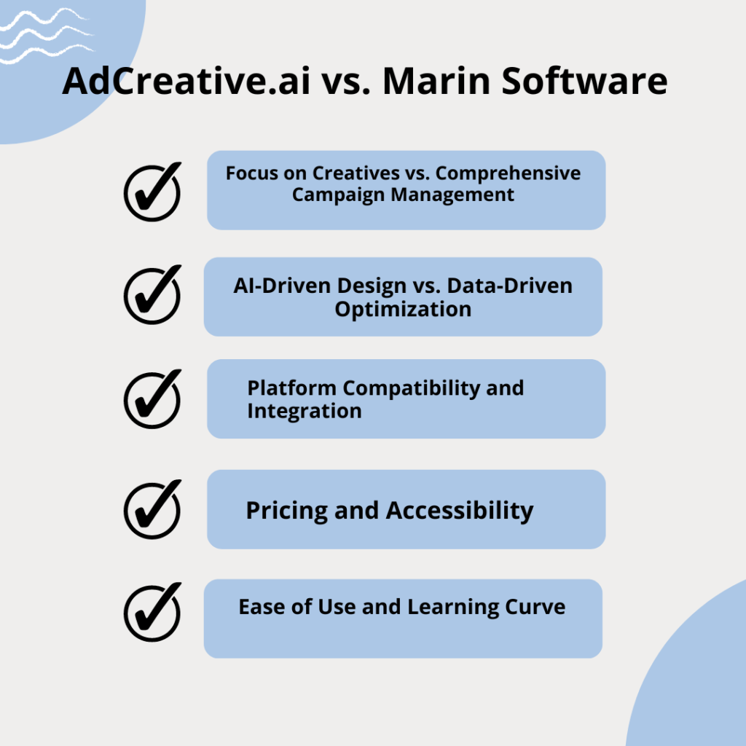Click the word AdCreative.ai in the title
pyautogui.click(x=186, y=81)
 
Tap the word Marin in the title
pyautogui.click(x=437, y=81)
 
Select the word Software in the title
pyautogui.click(x=585, y=81)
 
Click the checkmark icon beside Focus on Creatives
pyautogui.click(x=152, y=192)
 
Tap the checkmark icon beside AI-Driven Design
pyautogui.click(x=152, y=294)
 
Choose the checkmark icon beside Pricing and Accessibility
pyautogui.click(x=152, y=509)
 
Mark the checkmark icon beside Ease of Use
pyautogui.click(x=152, y=612)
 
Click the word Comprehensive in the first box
pyautogui.click(x=508, y=174)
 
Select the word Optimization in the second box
pyautogui.click(x=403, y=310)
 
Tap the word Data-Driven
pyautogui.click(x=509, y=286)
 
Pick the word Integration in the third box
pyautogui.click(x=305, y=411)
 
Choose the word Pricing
pyautogui.click(x=287, y=511)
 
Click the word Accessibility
pyautogui.click(x=460, y=511)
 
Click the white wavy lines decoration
pyautogui.click(x=47, y=35)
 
